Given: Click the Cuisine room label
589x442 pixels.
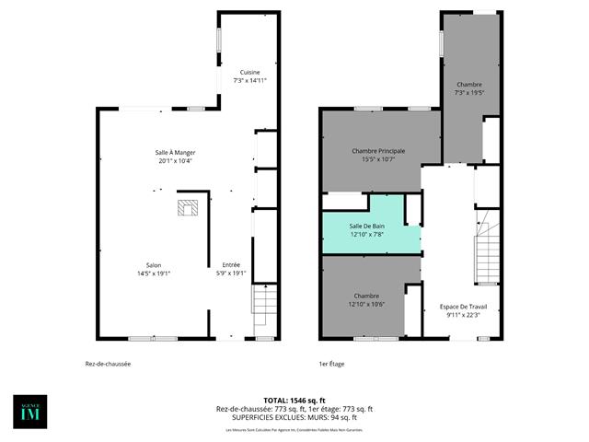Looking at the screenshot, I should tap(249, 73).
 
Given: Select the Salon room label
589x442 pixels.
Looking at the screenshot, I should tap(154, 264).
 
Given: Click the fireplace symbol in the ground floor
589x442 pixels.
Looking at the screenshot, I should tap(188, 208).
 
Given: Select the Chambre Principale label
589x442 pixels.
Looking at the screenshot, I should tap(378, 150).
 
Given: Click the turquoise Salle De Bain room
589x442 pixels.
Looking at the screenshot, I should tap(366, 225).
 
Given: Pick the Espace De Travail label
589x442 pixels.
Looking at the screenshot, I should tap(463, 307).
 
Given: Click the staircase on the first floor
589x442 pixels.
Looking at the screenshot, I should tap(486, 258).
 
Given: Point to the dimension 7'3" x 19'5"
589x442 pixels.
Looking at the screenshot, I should tap(469, 92).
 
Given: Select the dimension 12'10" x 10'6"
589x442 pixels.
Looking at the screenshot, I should tap(366, 305).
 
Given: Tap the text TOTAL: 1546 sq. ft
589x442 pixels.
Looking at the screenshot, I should tap(294, 401).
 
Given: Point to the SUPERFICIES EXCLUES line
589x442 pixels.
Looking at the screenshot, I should tap(294, 417).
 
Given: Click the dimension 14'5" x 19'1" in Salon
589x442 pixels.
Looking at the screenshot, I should tap(154, 273).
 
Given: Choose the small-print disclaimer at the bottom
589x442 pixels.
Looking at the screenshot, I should tap(294, 430).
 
